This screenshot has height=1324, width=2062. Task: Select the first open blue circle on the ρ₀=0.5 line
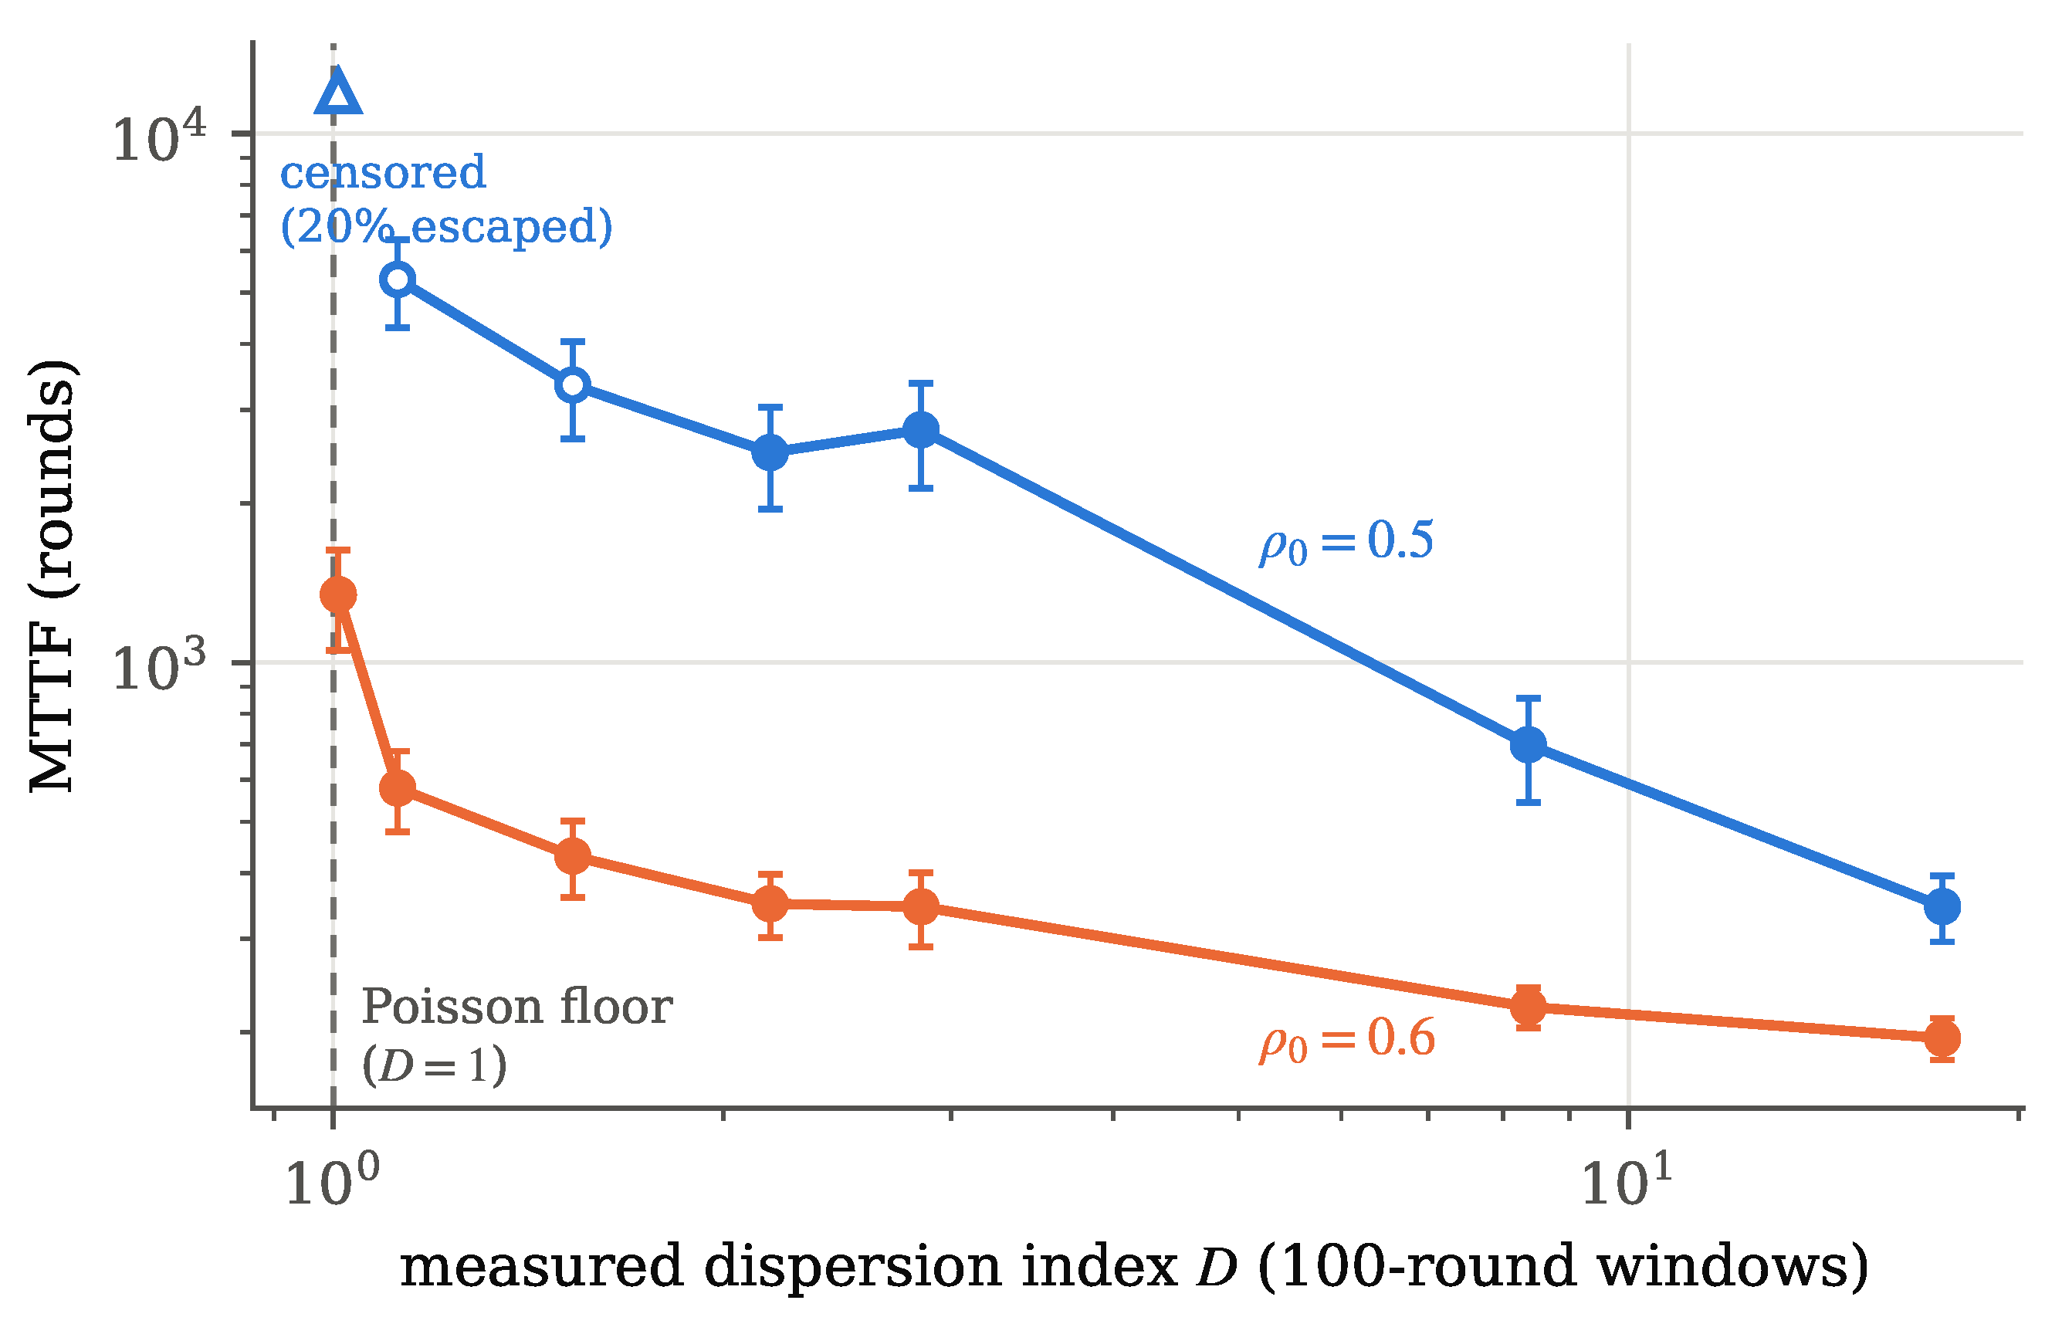click(x=398, y=279)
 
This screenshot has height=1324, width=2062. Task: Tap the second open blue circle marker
click(x=573, y=385)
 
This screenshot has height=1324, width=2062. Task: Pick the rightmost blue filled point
click(x=1942, y=906)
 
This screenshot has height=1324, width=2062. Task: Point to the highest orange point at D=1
click(x=338, y=595)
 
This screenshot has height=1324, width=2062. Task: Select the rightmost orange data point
click(x=1942, y=1038)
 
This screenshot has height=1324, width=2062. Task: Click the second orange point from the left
click(x=398, y=787)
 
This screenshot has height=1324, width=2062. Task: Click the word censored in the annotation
click(x=382, y=173)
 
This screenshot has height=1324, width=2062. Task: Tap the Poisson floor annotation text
click(x=516, y=1007)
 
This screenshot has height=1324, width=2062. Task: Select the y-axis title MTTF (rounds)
click(x=53, y=575)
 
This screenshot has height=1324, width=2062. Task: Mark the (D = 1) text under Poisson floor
click(x=434, y=1066)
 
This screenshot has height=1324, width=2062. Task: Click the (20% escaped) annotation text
click(x=447, y=227)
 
